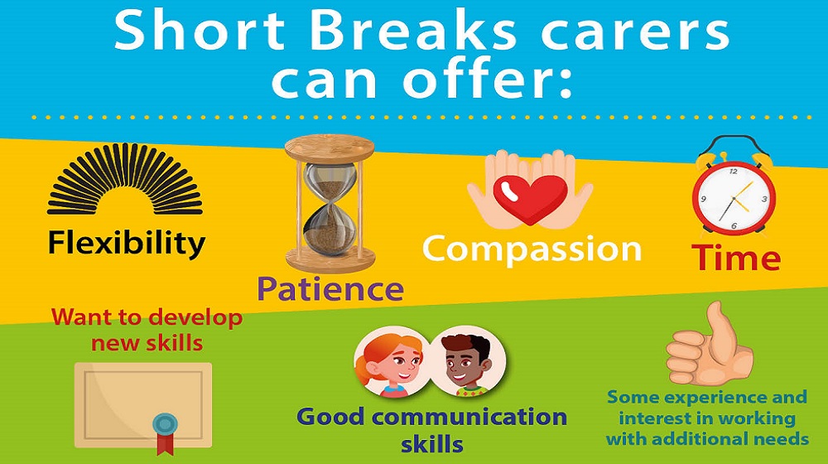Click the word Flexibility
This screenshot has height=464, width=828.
coord(126,244)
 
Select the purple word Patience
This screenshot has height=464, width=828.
coord(330,288)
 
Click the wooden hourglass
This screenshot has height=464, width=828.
coord(330,203)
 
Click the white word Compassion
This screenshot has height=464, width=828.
coord(532,249)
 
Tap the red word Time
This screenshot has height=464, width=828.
coord(736,258)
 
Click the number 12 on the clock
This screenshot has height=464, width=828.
coord(734,172)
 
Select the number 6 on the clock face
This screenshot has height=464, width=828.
coord(734,225)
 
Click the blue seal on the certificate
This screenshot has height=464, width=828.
coord(166,423)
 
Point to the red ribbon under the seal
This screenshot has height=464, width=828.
coord(166,444)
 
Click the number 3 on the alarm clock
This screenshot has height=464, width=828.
coord(764,199)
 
